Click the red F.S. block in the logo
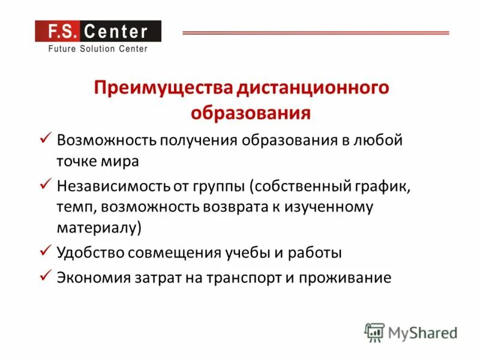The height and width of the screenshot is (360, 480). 56,31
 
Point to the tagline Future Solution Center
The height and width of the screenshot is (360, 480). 97,49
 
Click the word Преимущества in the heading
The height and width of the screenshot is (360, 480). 163,89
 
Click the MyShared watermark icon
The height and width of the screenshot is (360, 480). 374,332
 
